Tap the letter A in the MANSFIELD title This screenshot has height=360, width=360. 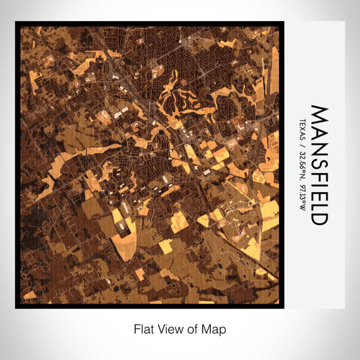pyautogui.click(x=319, y=129)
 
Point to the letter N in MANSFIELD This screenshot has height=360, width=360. pyautogui.click(x=319, y=143)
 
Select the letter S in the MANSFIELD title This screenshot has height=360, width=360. pyautogui.click(x=319, y=157)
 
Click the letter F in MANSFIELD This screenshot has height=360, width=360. pyautogui.click(x=319, y=170)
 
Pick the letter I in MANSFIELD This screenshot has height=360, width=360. pyautogui.click(x=319, y=179)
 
